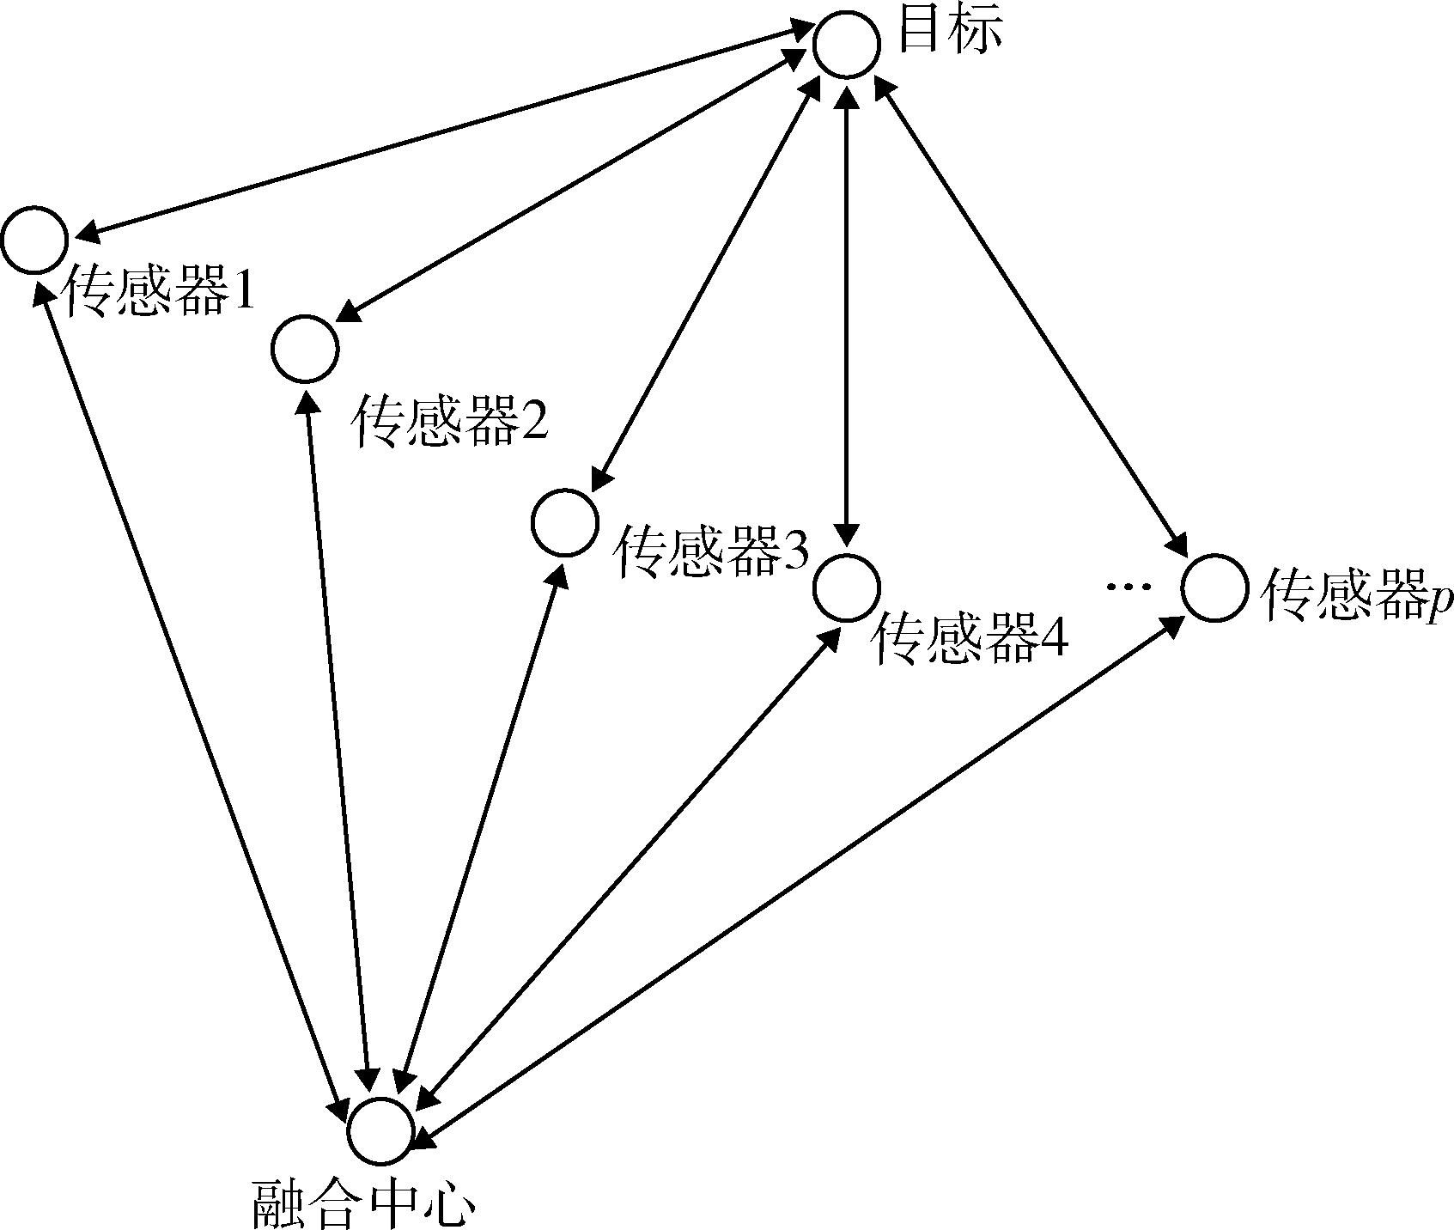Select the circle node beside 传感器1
tap(34, 240)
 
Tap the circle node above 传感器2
tap(305, 349)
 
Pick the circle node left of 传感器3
tap(564, 522)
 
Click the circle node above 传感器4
tap(846, 588)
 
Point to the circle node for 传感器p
tap(1214, 588)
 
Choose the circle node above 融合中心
tap(380, 1130)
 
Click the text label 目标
tap(950, 33)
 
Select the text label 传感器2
tap(450, 421)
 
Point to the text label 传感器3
tap(710, 551)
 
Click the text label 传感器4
tap(969, 640)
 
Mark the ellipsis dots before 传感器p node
tap(1127, 588)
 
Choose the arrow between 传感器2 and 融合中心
tap(338, 739)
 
